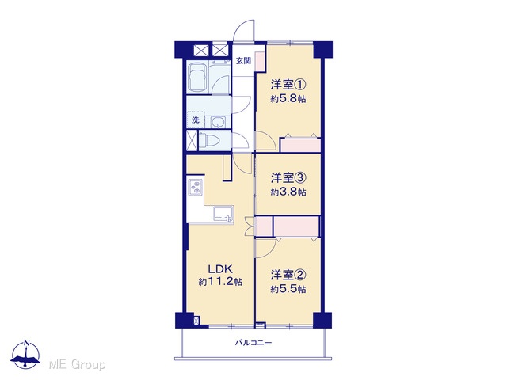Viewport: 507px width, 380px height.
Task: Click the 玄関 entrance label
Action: click(x=243, y=61)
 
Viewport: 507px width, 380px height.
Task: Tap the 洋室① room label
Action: click(x=288, y=85)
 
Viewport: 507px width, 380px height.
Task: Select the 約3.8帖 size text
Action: click(x=288, y=192)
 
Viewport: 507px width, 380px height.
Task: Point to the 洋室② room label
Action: click(x=288, y=275)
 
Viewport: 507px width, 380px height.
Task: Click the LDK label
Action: click(x=220, y=269)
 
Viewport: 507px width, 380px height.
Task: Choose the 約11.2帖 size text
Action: click(x=220, y=282)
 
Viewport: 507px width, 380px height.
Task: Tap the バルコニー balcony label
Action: click(x=253, y=343)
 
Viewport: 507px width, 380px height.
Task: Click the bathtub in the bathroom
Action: click(x=197, y=78)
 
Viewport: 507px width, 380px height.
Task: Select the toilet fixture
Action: click(x=209, y=140)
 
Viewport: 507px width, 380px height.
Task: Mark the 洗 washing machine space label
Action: click(x=196, y=120)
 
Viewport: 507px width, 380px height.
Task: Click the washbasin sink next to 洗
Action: click(x=219, y=123)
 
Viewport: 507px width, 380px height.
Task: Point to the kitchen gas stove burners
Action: click(x=195, y=187)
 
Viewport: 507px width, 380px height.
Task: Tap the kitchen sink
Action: click(x=223, y=215)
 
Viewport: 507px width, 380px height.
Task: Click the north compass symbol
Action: click(x=25, y=355)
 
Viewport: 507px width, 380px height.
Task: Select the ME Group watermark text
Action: click(x=77, y=365)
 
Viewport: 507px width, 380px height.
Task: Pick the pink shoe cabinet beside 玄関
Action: click(x=259, y=60)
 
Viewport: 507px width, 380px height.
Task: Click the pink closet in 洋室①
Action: click(x=300, y=145)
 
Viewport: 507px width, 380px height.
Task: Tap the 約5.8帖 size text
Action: click(x=288, y=98)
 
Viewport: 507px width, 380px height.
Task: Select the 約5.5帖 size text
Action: click(x=288, y=289)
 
